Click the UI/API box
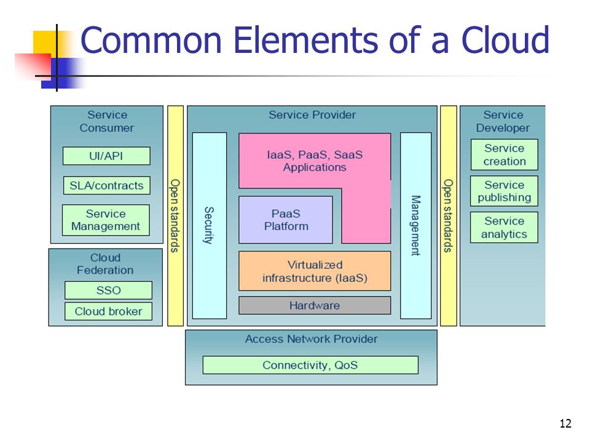[x=106, y=156]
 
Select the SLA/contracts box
[x=107, y=185]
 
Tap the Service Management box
[x=106, y=220]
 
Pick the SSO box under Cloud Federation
[x=108, y=290]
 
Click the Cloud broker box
[x=108, y=311]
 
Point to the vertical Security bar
[x=210, y=226]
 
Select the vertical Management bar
[x=416, y=226]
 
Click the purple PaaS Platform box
[x=286, y=220]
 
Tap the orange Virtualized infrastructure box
[x=315, y=271]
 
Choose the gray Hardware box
[x=315, y=306]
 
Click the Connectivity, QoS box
[x=310, y=365]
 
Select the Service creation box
[x=504, y=155]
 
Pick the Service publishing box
[x=504, y=191]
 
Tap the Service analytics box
[x=504, y=228]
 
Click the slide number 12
[x=565, y=423]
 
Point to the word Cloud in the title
[x=505, y=39]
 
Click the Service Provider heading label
[x=312, y=115]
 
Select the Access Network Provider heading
[x=312, y=339]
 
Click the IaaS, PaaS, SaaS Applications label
[x=315, y=161]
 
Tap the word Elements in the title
[x=305, y=39]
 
